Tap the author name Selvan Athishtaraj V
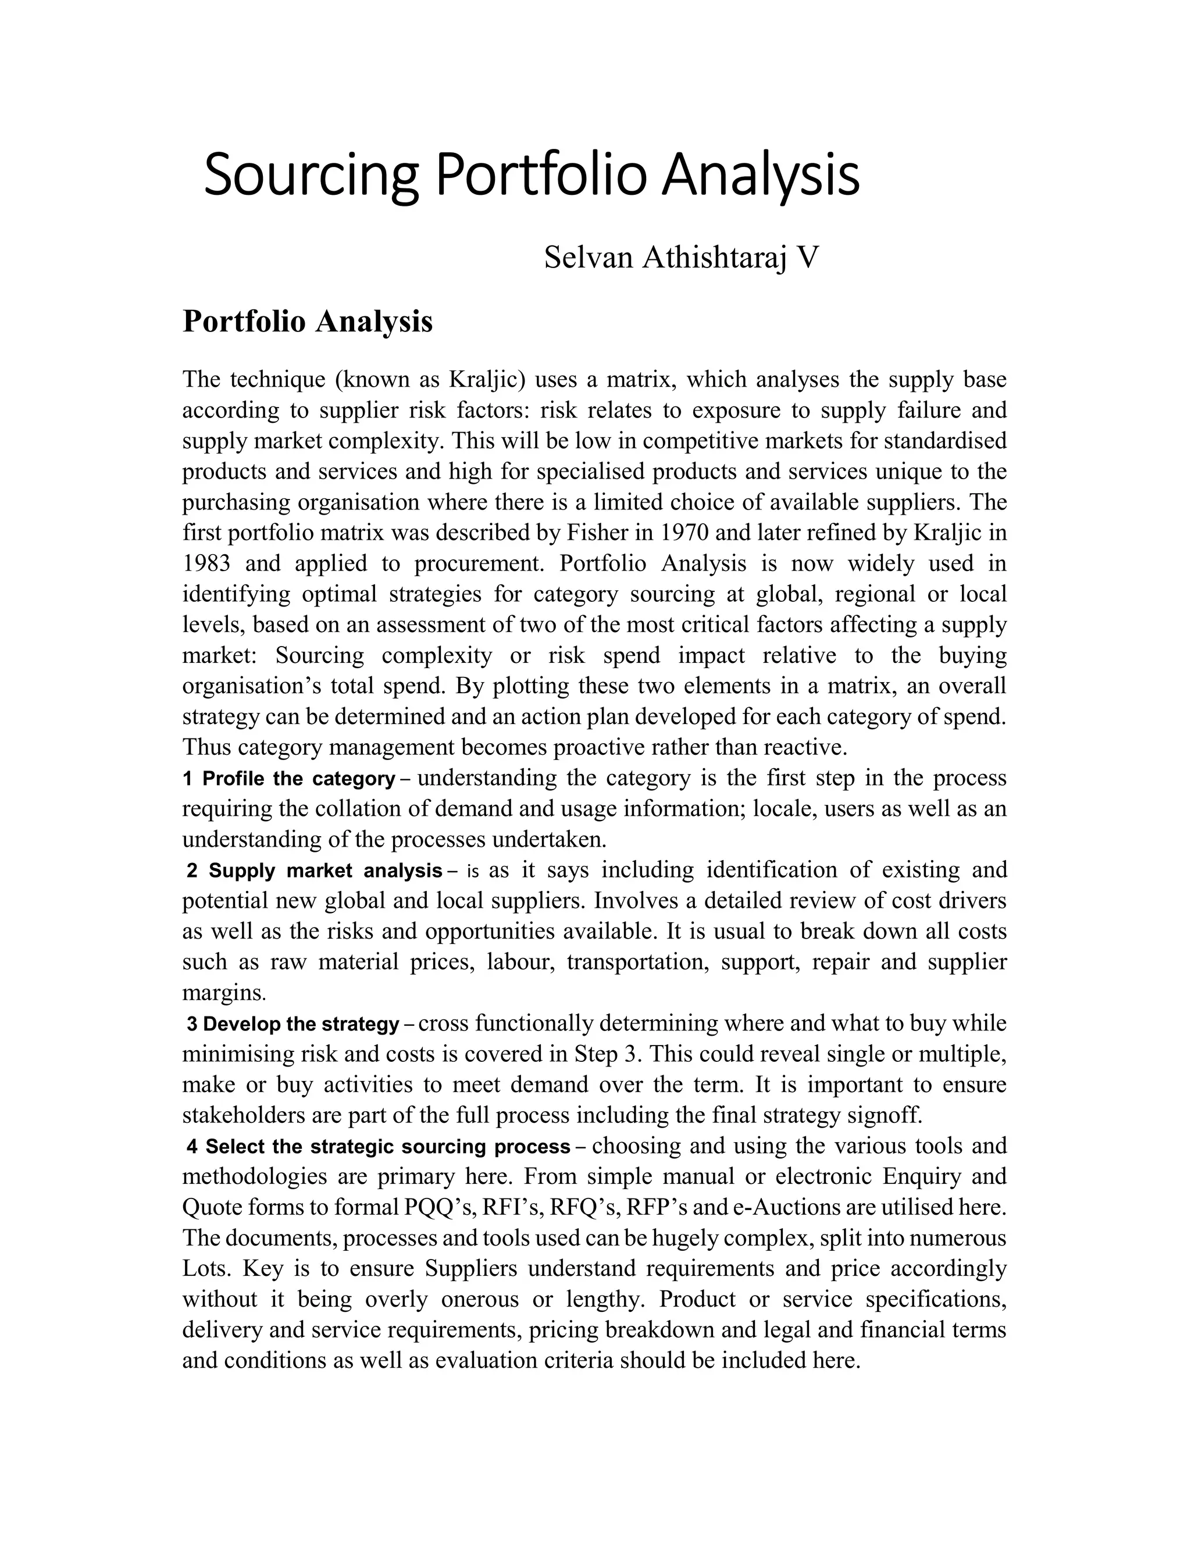click(682, 258)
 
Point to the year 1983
click(206, 563)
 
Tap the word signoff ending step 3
click(886, 1115)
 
